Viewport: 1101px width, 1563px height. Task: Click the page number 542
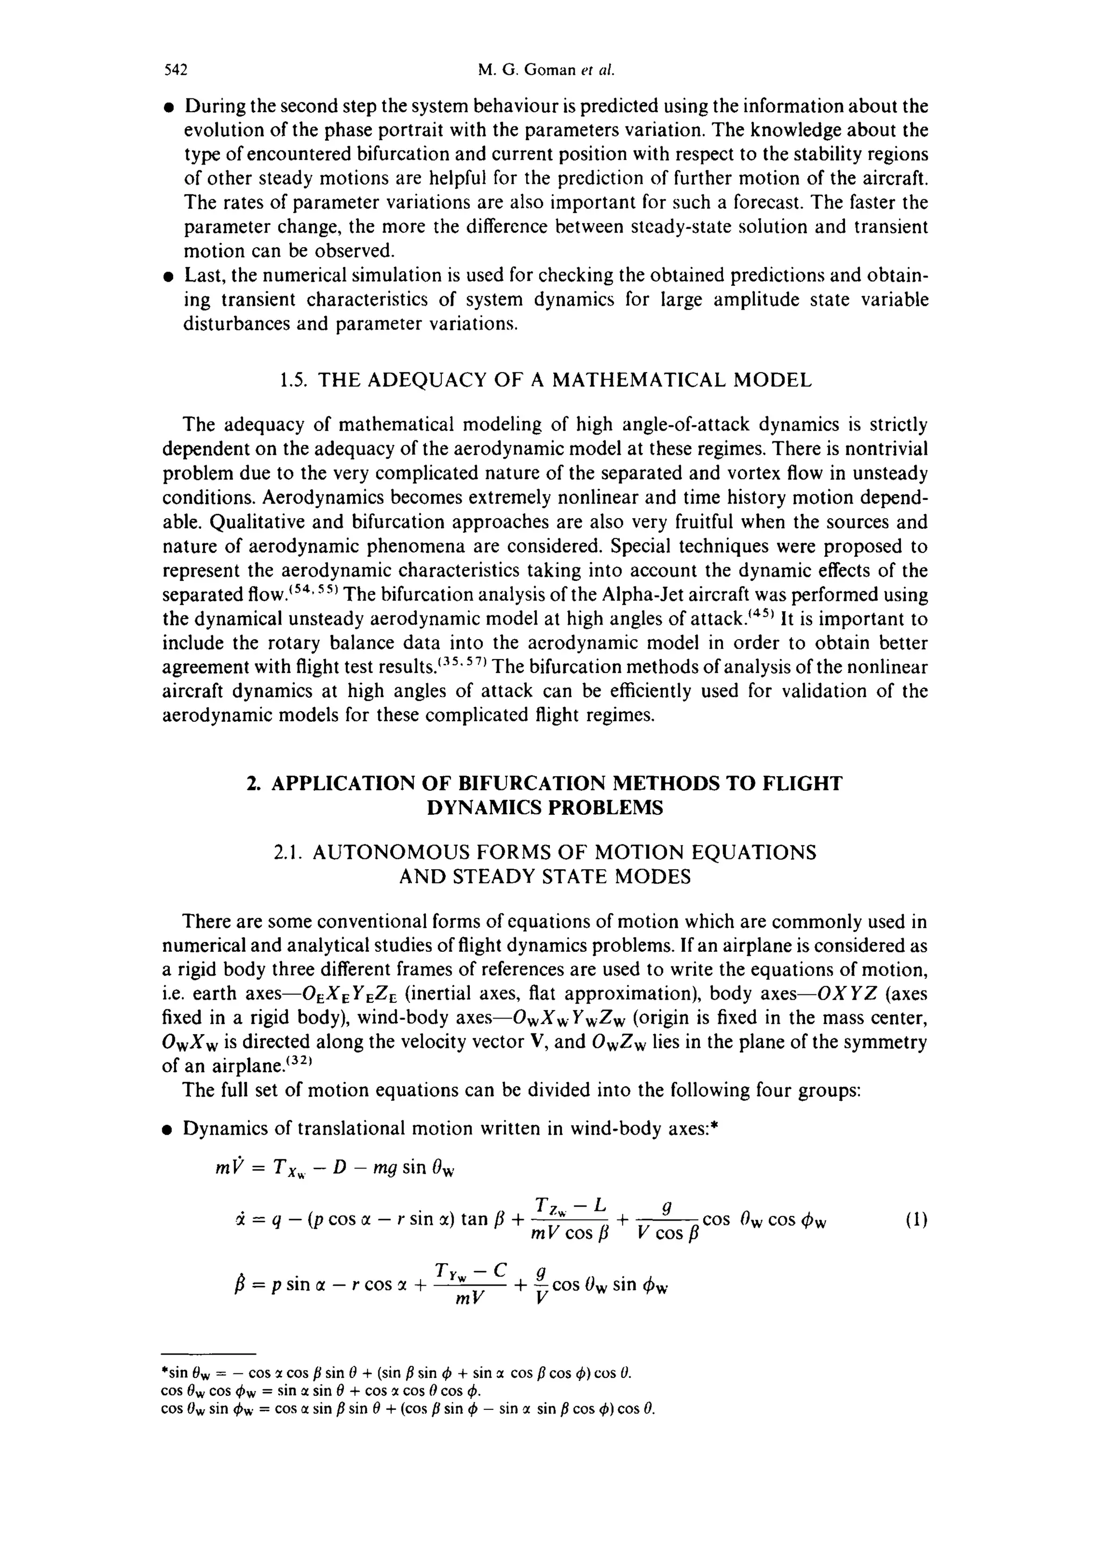coord(176,69)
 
